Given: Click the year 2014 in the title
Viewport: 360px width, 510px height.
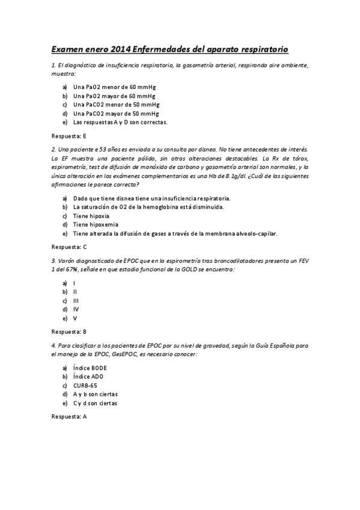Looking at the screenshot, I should tap(120, 48).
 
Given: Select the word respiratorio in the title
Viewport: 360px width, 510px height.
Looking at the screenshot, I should tap(262, 48).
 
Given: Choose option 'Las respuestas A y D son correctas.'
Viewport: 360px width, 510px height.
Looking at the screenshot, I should tap(120, 122).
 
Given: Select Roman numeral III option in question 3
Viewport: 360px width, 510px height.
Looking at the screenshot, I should tap(76, 300).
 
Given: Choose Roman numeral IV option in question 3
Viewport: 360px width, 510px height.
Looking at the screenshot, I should tap(76, 309).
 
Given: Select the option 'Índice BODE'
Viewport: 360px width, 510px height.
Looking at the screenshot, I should tap(90, 367).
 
